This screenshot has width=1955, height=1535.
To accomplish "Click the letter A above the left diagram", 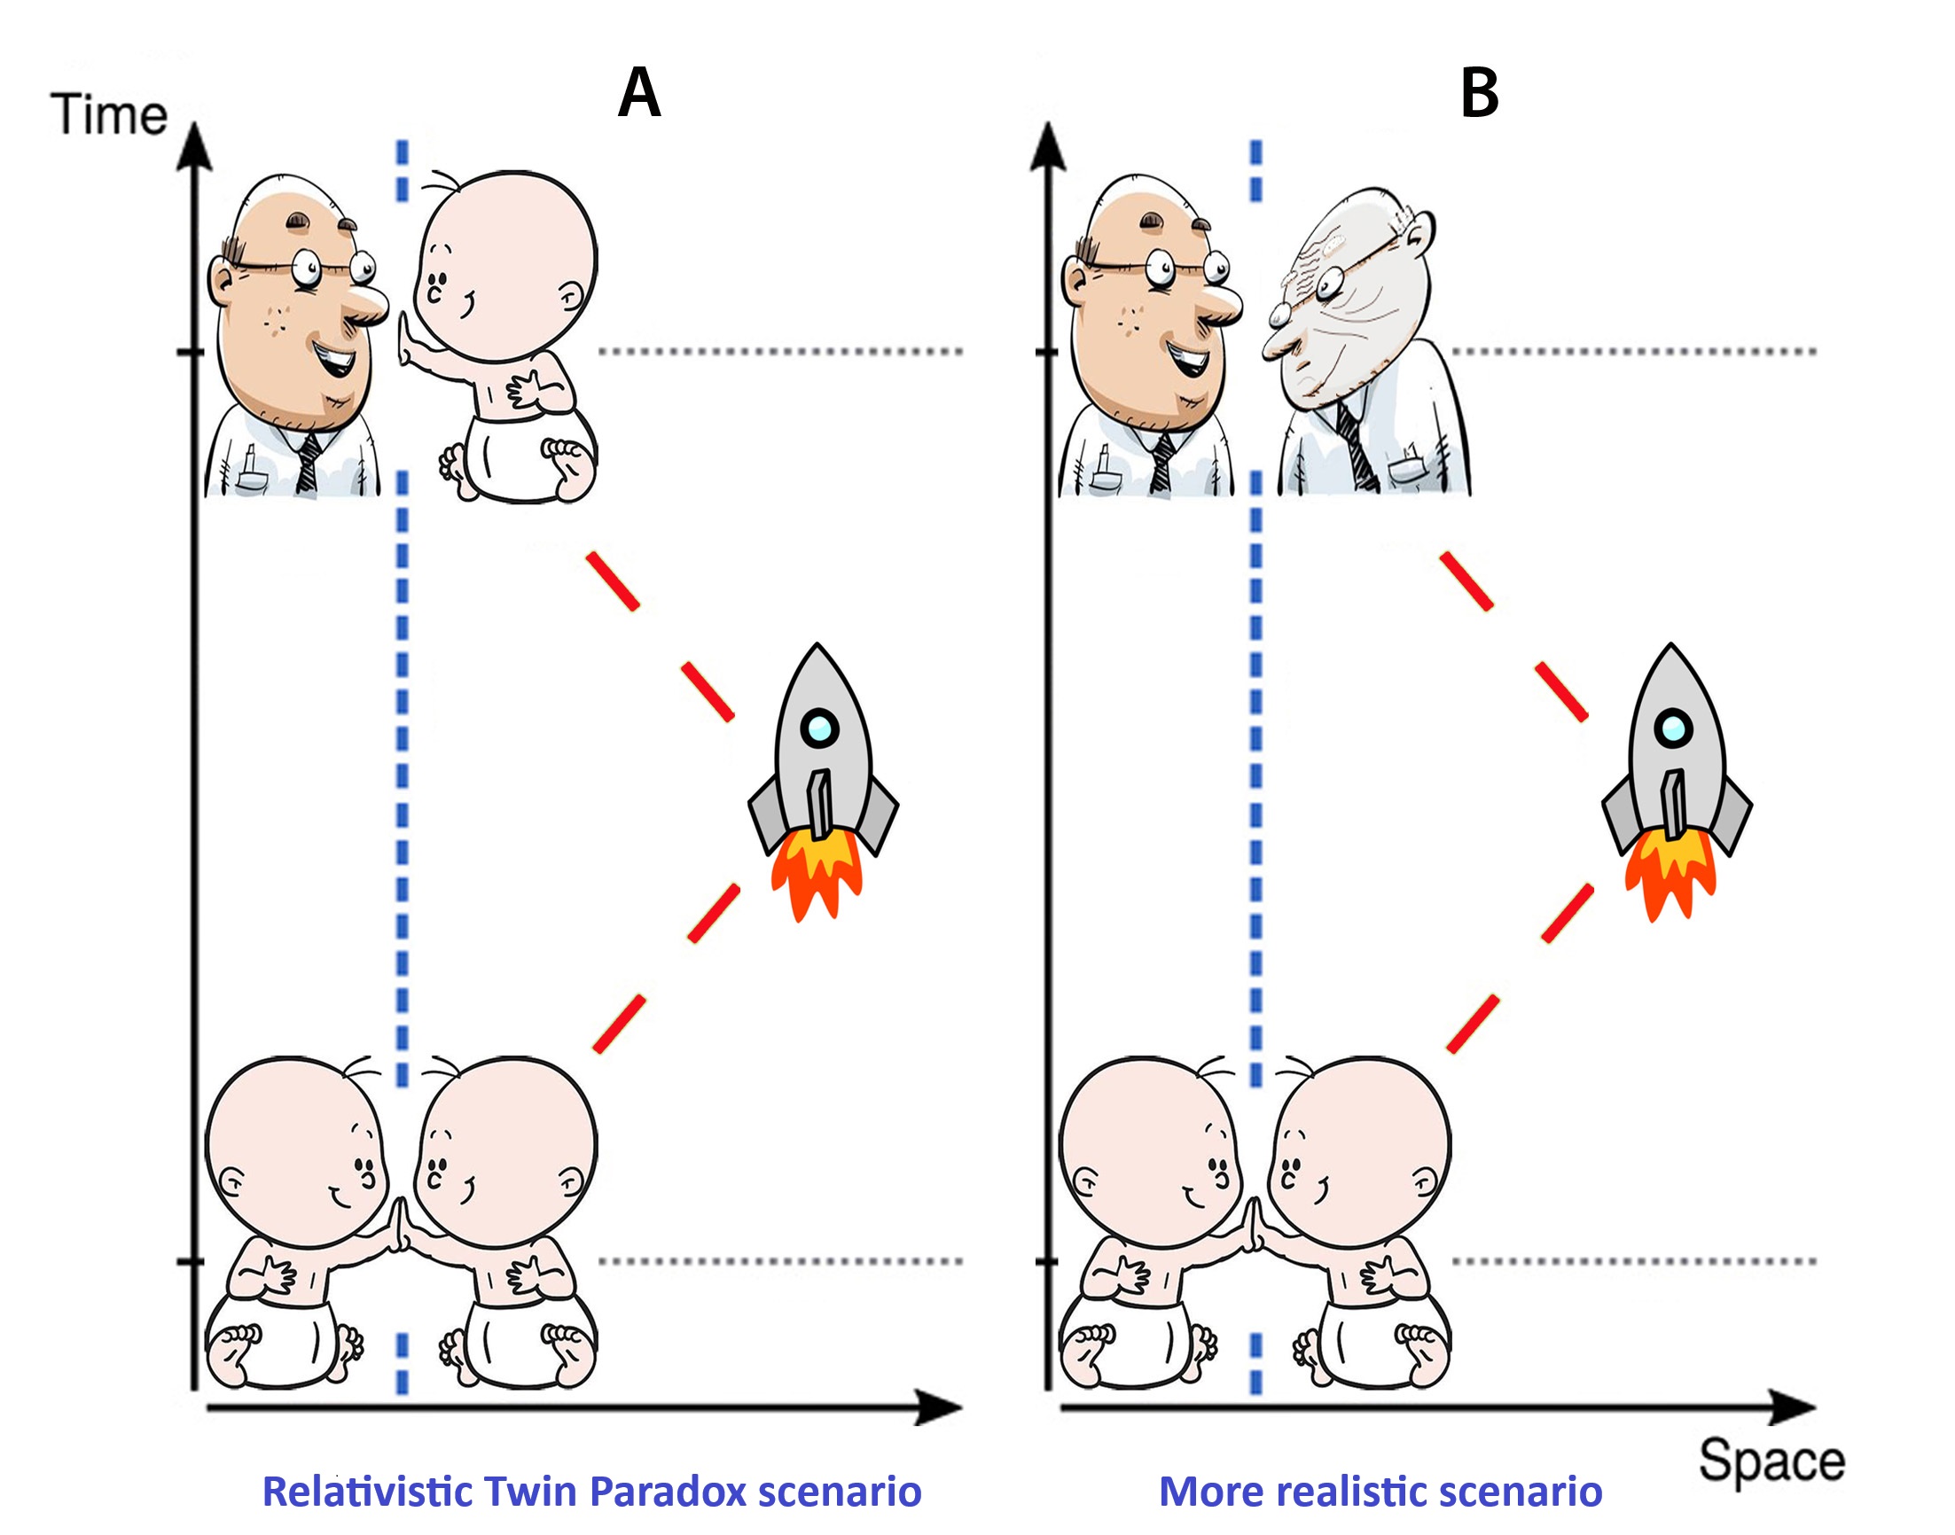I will [x=639, y=93].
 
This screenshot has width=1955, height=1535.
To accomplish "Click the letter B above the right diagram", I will [x=1480, y=93].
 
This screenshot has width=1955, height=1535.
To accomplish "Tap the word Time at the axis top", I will [x=109, y=115].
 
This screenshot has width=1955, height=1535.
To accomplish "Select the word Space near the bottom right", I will [x=1771, y=1461].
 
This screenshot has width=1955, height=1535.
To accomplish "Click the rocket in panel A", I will [x=821, y=773].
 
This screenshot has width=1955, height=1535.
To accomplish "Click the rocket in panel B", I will [x=1674, y=773].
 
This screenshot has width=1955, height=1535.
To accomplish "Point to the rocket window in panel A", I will [x=819, y=726].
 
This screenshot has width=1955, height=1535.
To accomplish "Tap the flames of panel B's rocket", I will [x=1670, y=872].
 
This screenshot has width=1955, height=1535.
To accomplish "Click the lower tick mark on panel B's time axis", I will [x=1045, y=1261].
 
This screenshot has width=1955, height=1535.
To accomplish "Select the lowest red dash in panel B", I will [x=1472, y=1023].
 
